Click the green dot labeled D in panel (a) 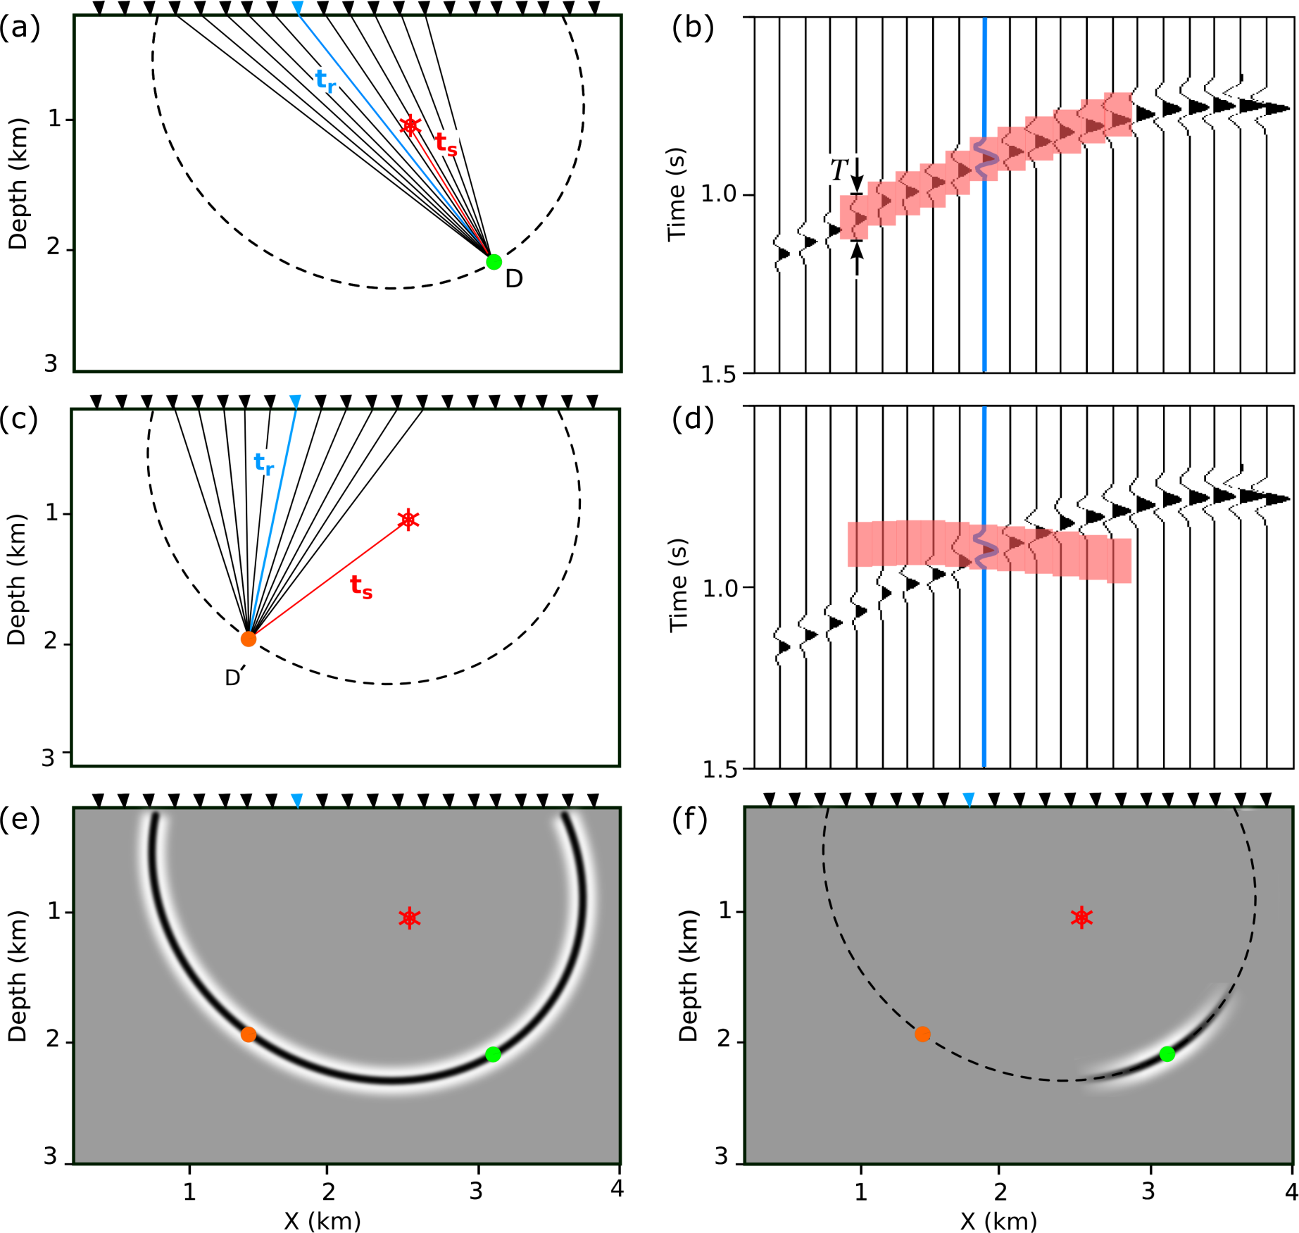[x=494, y=262]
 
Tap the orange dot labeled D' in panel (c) [x=249, y=639]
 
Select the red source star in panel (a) [x=410, y=126]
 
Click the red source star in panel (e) [x=410, y=918]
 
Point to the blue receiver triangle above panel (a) [x=298, y=8]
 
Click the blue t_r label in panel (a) [x=325, y=80]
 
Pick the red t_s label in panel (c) [x=361, y=587]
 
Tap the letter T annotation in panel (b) [x=839, y=170]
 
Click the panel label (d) [x=693, y=419]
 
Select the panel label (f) [x=690, y=820]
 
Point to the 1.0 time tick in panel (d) [x=720, y=588]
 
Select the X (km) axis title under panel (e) [x=322, y=1220]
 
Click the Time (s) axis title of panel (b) [x=677, y=194]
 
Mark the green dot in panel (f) [x=1167, y=1054]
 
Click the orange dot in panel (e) [x=249, y=1034]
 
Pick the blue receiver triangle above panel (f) [x=969, y=800]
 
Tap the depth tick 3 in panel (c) [x=48, y=758]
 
